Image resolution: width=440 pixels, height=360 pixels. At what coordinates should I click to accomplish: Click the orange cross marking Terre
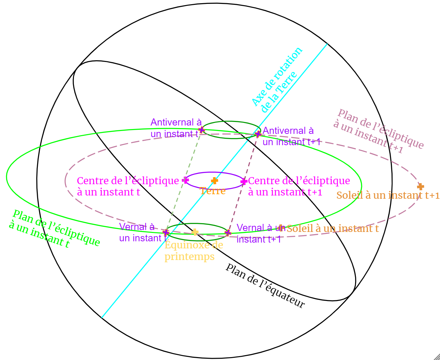pos(214,181)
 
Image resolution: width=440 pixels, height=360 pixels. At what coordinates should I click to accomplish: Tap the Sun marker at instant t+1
pos(420,186)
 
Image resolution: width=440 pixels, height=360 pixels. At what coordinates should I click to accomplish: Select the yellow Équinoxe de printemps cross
pos(195,232)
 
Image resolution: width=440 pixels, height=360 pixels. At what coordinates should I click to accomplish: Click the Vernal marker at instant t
pos(166,232)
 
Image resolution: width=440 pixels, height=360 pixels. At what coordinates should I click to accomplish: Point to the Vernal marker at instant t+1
pos(228,233)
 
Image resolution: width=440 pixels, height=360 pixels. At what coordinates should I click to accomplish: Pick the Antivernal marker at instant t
pos(201,130)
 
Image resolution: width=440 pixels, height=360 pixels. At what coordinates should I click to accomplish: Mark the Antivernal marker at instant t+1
pos(258,134)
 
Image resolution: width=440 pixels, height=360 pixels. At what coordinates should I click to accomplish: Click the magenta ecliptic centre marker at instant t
pos(186,180)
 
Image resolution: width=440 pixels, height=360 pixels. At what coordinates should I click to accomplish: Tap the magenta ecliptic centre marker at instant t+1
pos(244,181)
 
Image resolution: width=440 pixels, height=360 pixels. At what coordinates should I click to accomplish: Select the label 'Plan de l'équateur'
pos(265,286)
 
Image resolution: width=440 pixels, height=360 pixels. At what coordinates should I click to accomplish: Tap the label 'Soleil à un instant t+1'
pos(388,195)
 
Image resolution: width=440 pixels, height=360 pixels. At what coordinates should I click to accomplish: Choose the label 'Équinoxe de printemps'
pos(193,251)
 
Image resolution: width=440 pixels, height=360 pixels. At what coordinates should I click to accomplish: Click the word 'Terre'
pos(212,191)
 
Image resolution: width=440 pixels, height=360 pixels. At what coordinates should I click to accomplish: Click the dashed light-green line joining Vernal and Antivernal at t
pos(184,181)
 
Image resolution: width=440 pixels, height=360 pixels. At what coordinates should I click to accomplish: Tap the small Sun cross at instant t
pos(281,228)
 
